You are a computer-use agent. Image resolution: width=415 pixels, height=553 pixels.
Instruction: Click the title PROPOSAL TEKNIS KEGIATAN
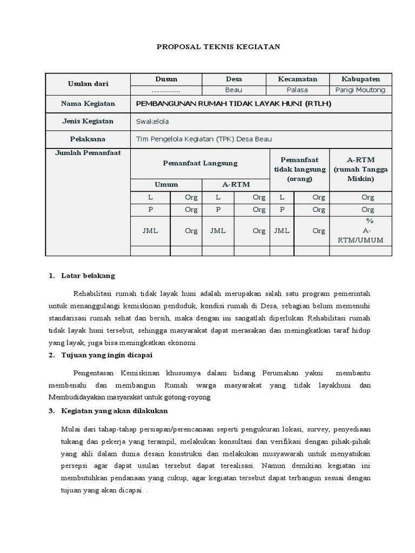pos(218,47)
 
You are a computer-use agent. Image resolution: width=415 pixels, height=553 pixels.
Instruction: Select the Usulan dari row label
pos(88,84)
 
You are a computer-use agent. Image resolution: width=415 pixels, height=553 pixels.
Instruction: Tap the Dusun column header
pos(166,79)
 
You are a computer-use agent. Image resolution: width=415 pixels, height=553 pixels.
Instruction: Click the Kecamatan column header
pos(297,79)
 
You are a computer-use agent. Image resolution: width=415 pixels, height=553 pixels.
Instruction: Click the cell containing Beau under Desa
pos(233,90)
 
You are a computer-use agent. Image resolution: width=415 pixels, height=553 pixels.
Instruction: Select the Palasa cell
pos(297,90)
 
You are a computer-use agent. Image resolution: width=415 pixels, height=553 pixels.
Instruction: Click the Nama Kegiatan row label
pos(88,104)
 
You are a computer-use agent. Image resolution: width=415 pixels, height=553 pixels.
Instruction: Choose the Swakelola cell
pos(152,122)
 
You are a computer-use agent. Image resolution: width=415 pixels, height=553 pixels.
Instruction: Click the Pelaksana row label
pos(88,139)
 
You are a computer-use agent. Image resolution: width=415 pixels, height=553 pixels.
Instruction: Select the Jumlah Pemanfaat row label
pos(88,153)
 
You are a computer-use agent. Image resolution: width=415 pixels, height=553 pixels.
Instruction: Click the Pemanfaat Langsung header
pos(200,163)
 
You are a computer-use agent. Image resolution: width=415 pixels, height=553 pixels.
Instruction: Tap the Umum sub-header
pos(166,184)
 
